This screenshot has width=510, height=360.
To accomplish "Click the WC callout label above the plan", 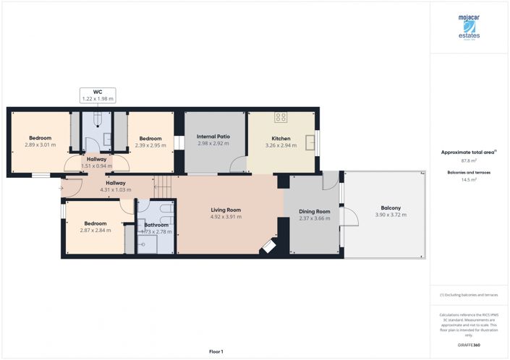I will click(x=97, y=95).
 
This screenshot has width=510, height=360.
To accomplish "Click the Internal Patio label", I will click(x=213, y=137).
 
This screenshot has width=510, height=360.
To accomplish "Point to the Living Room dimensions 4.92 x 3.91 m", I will click(x=225, y=217).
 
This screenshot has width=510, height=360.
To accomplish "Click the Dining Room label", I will click(x=315, y=212).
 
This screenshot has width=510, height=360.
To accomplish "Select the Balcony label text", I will click(x=388, y=208).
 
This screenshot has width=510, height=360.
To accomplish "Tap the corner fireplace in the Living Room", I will click(x=268, y=247).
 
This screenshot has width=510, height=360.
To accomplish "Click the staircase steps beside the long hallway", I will click(x=166, y=187).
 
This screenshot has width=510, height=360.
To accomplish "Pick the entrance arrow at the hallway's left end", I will click(x=61, y=188).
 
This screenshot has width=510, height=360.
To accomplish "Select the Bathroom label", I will click(x=156, y=225).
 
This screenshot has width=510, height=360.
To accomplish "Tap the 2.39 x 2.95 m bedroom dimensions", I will click(x=150, y=145).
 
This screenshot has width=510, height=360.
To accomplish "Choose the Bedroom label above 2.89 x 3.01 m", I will click(x=40, y=138).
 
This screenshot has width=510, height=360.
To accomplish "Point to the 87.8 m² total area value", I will click(x=469, y=160).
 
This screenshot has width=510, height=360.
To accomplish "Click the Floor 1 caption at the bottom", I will click(x=216, y=351).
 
